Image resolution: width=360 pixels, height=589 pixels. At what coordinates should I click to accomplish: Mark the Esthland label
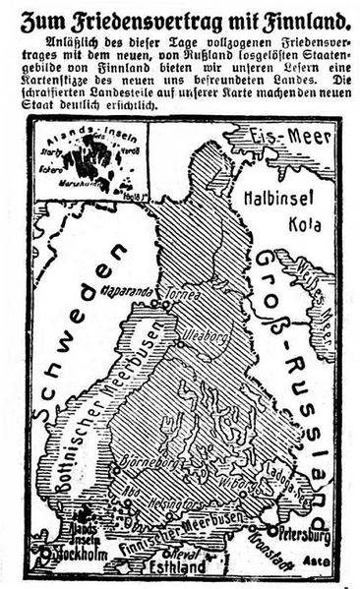click(175, 567)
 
